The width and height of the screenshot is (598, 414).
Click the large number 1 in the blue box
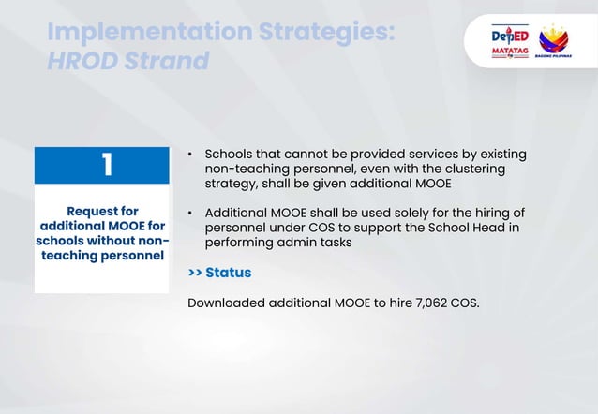coord(107,165)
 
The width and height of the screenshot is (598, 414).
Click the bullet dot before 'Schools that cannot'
coord(190,154)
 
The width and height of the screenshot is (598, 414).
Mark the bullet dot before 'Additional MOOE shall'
coord(190,213)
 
